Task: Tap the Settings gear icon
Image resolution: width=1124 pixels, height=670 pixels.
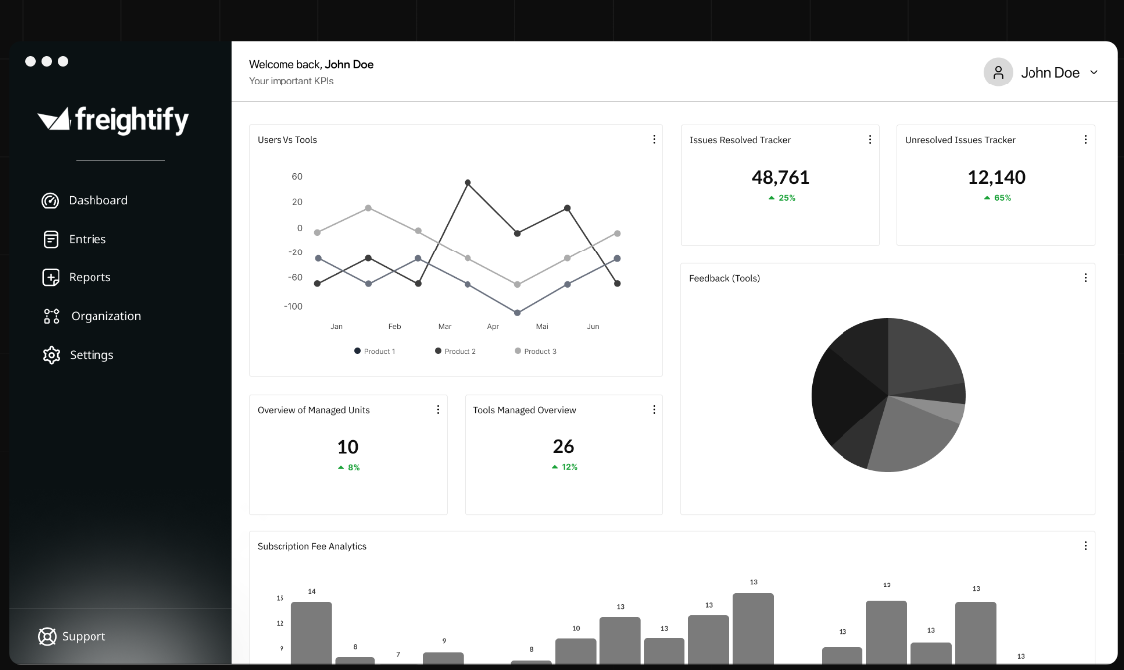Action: (51, 355)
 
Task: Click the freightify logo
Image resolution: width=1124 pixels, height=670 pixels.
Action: (112, 120)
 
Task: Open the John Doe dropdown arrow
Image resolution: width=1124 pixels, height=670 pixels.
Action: (1094, 72)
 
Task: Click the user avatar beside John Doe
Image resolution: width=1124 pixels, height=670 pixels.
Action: (998, 72)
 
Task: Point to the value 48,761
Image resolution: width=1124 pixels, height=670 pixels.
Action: (780, 178)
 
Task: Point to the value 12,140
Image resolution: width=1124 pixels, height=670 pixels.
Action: (996, 178)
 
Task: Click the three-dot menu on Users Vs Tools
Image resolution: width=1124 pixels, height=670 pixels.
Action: (654, 140)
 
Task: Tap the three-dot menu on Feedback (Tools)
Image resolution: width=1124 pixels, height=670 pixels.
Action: (1085, 278)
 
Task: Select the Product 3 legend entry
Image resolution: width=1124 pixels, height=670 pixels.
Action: (536, 351)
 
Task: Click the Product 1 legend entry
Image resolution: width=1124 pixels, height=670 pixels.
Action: (375, 351)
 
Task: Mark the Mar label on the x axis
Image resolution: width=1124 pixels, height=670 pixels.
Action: (444, 326)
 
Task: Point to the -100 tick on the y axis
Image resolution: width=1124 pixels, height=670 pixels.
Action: (292, 306)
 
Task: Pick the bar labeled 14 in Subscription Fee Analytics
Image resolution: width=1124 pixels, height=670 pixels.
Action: (311, 632)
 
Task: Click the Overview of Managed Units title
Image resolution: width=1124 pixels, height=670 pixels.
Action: (313, 410)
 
